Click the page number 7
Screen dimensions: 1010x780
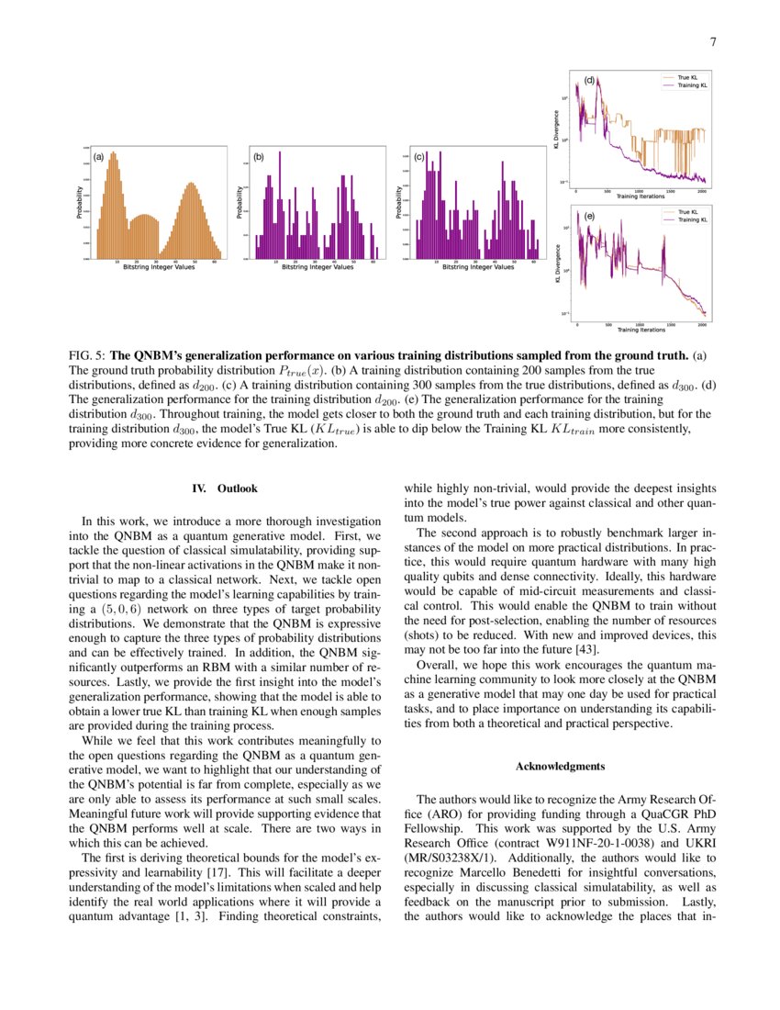click(713, 41)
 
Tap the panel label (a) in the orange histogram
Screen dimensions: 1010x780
click(98, 157)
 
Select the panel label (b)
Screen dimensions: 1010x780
click(259, 157)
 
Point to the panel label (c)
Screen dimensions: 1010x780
click(418, 157)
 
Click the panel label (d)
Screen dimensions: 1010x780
click(590, 80)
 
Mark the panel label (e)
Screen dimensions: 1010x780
click(590, 216)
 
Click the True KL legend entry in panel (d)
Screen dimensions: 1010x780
click(688, 78)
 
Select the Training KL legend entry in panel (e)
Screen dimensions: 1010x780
click(692, 220)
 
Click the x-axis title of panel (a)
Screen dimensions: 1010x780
click(159, 267)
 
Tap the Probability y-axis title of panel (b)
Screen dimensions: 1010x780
click(240, 203)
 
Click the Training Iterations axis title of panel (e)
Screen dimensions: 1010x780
click(641, 329)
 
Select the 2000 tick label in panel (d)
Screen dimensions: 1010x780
click(701, 191)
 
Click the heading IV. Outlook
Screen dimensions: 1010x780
click(225, 488)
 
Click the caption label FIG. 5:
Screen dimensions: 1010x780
click(88, 354)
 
